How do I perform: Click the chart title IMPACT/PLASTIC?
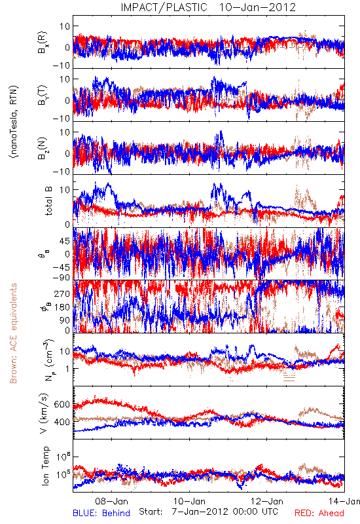[x=164, y=7]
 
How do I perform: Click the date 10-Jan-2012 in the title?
[x=257, y=7]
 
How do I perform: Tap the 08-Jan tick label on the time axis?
[x=111, y=501]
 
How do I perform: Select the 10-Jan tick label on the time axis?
[x=189, y=501]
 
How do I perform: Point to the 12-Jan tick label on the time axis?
[x=267, y=501]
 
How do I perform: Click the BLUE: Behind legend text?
[x=101, y=513]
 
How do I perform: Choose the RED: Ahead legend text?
[x=319, y=513]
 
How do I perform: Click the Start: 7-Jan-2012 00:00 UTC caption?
[x=208, y=512]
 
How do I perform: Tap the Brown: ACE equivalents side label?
[x=13, y=333]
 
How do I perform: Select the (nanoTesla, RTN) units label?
[x=14, y=122]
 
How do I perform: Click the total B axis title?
[x=48, y=201]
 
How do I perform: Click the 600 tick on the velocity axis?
[x=62, y=404]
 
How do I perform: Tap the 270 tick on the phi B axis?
[x=62, y=293]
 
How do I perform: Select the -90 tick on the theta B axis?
[x=61, y=277]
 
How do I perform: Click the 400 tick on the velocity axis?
[x=62, y=422]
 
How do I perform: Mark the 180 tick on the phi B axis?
[x=62, y=307]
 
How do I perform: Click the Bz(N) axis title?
[x=43, y=149]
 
